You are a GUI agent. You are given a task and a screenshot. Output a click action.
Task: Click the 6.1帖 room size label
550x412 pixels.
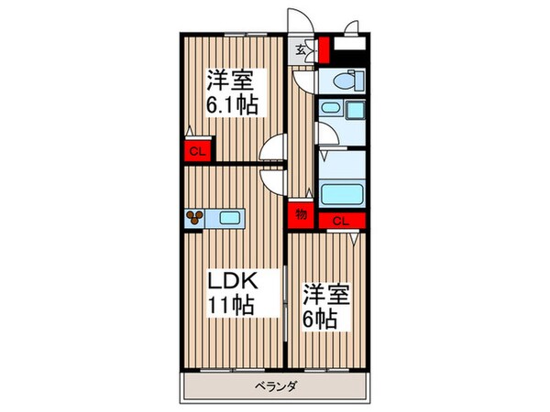coord(232,105)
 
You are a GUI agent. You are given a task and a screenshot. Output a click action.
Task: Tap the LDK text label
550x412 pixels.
coord(233,280)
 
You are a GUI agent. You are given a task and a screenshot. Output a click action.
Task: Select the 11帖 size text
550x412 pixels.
coord(231,305)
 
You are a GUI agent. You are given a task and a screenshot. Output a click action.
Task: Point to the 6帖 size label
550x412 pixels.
coord(320,319)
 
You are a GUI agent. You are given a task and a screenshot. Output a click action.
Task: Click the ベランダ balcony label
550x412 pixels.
coord(276,387)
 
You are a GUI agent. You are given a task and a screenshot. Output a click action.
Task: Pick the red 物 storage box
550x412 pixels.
coord(301,214)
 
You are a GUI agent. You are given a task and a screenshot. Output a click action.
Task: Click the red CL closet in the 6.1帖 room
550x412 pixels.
coord(197,151)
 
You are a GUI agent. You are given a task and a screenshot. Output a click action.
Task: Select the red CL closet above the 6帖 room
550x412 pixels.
coord(342,221)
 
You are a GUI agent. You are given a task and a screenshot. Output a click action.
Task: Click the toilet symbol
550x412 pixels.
coord(346,81)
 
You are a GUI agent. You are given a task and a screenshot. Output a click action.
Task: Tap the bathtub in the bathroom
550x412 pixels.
coord(342,194)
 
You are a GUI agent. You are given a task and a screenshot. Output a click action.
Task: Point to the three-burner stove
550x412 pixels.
coord(194,218)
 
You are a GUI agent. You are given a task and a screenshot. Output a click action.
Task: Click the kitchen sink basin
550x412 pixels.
coord(230,218)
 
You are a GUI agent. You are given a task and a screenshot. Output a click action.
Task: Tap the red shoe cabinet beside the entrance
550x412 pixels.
coord(324,50)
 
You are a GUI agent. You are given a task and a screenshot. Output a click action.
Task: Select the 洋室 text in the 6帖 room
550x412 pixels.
coord(326,294)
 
